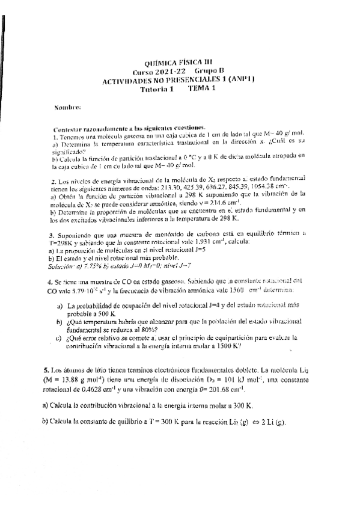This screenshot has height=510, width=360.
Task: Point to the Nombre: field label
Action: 67,108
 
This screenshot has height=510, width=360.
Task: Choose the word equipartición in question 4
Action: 233,339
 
